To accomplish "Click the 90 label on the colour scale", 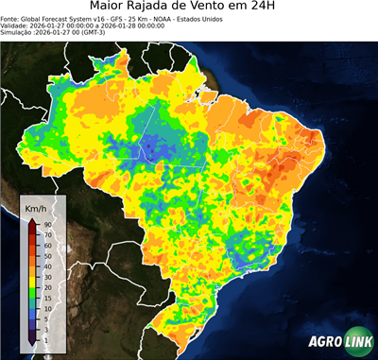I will pos(47,224).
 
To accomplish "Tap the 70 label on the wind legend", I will pos(47,234).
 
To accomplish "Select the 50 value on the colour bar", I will pos(47,256).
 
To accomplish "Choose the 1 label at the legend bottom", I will pos(46,338).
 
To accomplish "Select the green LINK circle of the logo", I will pos(356,342).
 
